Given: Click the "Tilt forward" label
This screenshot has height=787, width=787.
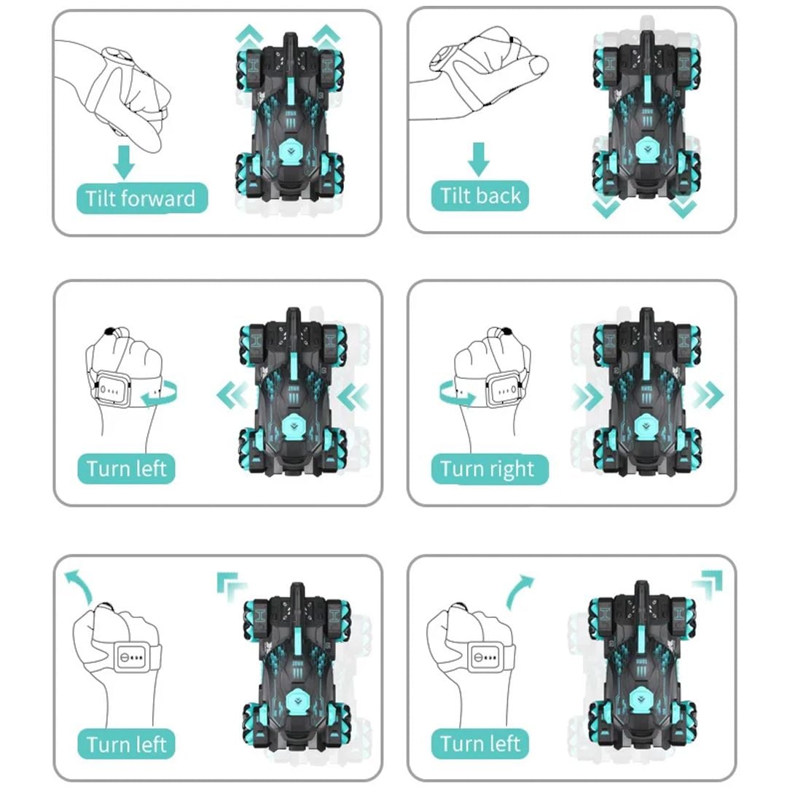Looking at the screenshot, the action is pos(141,198).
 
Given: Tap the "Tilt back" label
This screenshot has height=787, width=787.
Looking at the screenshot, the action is pos(479,196).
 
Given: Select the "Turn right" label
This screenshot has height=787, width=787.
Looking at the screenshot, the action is pos(490,469).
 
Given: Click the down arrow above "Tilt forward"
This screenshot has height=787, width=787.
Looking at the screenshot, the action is pos(123,162).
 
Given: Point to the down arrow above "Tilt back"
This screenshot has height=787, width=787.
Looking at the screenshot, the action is pos(478,159).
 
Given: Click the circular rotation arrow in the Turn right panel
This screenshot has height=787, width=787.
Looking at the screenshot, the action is pos(455,393).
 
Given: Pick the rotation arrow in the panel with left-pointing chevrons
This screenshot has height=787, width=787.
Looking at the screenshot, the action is pos(160,393).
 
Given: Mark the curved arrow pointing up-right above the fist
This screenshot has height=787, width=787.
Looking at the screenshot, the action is pos(520,590).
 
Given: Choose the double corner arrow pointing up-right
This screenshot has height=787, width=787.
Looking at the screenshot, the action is pos(708,584).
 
